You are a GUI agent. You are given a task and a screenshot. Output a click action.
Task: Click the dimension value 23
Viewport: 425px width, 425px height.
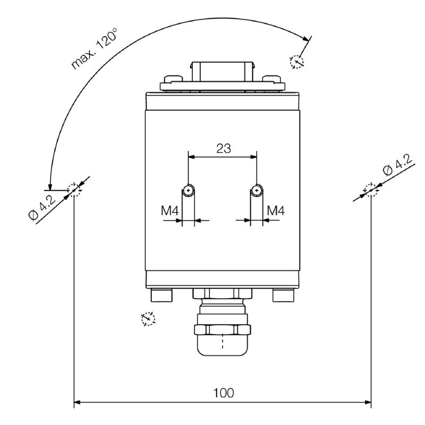click(224, 148)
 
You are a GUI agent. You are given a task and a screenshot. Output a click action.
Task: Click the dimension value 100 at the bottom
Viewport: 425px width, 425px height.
click(224, 393)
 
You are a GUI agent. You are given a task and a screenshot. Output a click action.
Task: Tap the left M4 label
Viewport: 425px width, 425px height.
click(170, 211)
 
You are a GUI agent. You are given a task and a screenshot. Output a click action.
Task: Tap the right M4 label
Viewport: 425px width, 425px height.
click(276, 211)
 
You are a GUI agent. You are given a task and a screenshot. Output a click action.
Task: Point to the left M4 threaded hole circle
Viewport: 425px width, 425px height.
click(189, 190)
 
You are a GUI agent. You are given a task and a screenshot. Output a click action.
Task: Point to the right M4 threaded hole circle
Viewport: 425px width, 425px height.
click(257, 190)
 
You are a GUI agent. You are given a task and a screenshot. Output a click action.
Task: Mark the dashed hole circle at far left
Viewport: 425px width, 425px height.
click(74, 189)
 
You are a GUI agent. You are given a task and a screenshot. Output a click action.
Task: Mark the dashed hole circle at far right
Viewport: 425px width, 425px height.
click(370, 189)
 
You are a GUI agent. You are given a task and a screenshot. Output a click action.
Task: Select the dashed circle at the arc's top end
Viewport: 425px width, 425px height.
click(296, 62)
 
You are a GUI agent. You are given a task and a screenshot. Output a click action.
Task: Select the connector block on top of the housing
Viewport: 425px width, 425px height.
click(222, 71)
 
